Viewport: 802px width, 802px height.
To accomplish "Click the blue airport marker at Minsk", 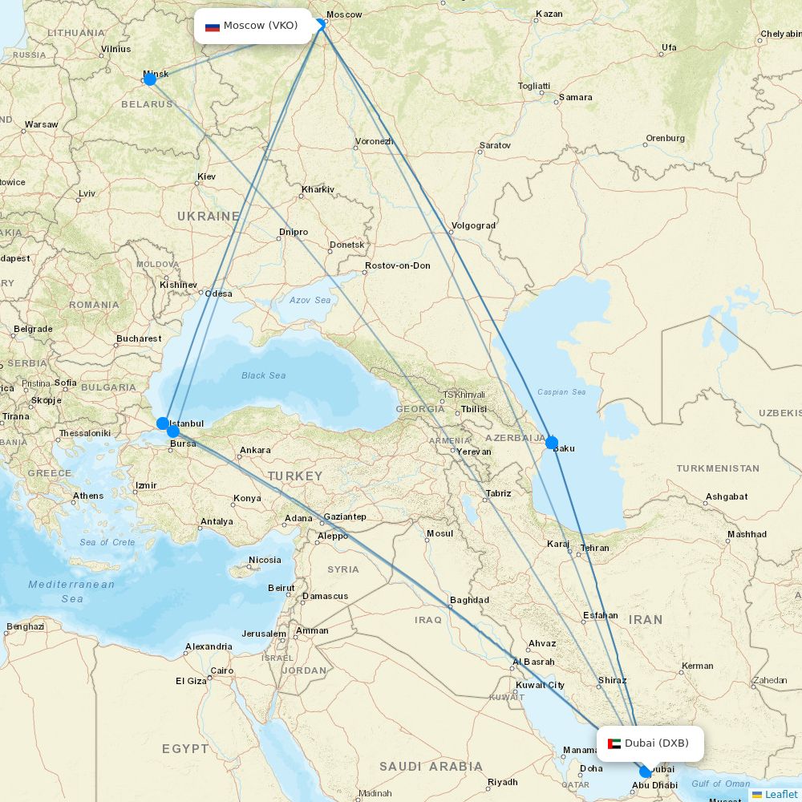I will pos(149,79).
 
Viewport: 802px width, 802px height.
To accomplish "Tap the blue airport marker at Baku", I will pos(551,443).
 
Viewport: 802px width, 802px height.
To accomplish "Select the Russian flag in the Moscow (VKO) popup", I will pos(213,26).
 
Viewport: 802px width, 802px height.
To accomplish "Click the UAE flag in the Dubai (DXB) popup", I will pos(614,743).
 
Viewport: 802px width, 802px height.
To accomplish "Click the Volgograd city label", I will pos(473,225).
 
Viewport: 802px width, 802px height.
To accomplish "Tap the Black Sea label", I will pos(264,375).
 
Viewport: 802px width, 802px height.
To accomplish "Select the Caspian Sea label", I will pos(561,392).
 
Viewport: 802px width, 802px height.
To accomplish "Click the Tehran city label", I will pos(594,549).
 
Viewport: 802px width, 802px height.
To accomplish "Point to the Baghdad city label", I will pos(469,600).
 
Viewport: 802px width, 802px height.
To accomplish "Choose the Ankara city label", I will pos(255,450).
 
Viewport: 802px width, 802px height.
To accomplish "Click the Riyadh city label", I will pos(502,782).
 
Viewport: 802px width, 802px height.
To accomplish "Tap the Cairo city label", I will pos(221,670).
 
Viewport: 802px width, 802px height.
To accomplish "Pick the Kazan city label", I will pos(549,14).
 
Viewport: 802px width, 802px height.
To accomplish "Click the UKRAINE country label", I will pos(209,217).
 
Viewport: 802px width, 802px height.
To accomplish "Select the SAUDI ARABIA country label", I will pos(431,767).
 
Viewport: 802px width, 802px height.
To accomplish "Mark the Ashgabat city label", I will pos(727,496).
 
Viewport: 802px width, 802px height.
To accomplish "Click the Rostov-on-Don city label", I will pos(397,265).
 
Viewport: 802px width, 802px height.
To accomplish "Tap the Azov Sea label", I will pos(310,300).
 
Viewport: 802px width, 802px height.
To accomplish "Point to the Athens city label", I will pos(88,496).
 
